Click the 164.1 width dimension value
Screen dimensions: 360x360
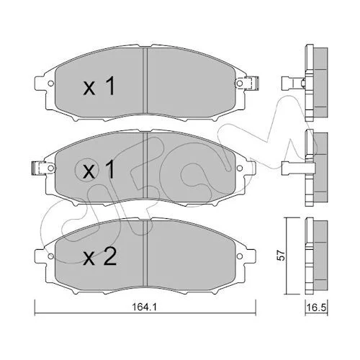[145, 307]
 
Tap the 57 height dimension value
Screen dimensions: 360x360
[281, 256]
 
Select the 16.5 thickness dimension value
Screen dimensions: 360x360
[316, 307]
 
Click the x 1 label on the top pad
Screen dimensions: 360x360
[99, 86]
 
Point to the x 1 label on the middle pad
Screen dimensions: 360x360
[99, 170]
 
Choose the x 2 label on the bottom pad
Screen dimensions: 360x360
[99, 256]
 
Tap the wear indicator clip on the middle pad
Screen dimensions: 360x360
[39, 168]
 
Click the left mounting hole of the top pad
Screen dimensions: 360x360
[50, 84]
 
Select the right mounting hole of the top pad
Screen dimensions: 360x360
[239, 84]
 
